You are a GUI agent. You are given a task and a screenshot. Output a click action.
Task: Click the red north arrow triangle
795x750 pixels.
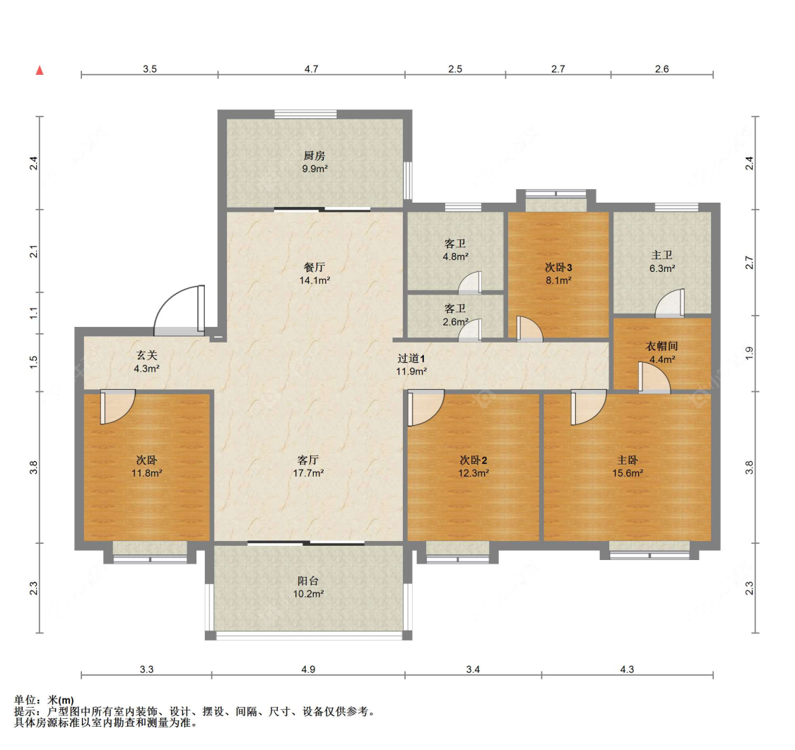40,70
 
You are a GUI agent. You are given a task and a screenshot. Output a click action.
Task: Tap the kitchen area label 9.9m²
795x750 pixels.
315,169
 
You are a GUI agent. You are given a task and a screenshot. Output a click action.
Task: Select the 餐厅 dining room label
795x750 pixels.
314,267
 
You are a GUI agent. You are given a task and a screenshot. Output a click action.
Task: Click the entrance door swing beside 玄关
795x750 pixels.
179,310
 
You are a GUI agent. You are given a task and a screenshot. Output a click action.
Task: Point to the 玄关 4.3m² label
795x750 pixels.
147,362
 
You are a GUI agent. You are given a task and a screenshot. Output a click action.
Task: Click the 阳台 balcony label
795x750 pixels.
308,581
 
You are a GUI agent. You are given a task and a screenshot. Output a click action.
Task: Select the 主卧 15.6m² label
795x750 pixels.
628,466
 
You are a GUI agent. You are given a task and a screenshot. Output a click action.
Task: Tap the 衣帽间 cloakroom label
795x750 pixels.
661,346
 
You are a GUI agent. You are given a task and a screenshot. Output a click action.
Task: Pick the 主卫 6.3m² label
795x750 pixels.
662,262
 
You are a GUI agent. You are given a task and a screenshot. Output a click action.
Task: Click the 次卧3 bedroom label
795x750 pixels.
559,267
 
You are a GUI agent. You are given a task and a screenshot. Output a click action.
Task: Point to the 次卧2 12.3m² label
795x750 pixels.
473,466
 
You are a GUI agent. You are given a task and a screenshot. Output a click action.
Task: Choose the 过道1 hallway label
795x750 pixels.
411,358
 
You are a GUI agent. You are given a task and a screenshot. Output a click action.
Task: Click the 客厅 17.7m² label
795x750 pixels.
308,466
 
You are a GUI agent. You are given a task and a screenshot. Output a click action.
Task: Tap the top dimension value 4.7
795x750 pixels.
312,69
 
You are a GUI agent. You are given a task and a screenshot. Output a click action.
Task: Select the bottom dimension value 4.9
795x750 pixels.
308,669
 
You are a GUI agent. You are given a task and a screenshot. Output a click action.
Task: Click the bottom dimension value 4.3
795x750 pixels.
628,669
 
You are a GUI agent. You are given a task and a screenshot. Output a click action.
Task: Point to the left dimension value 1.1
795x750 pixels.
34,313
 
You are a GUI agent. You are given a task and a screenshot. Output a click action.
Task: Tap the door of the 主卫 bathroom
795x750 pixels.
671,304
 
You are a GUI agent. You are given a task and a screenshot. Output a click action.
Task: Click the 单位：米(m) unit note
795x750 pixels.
44,701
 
